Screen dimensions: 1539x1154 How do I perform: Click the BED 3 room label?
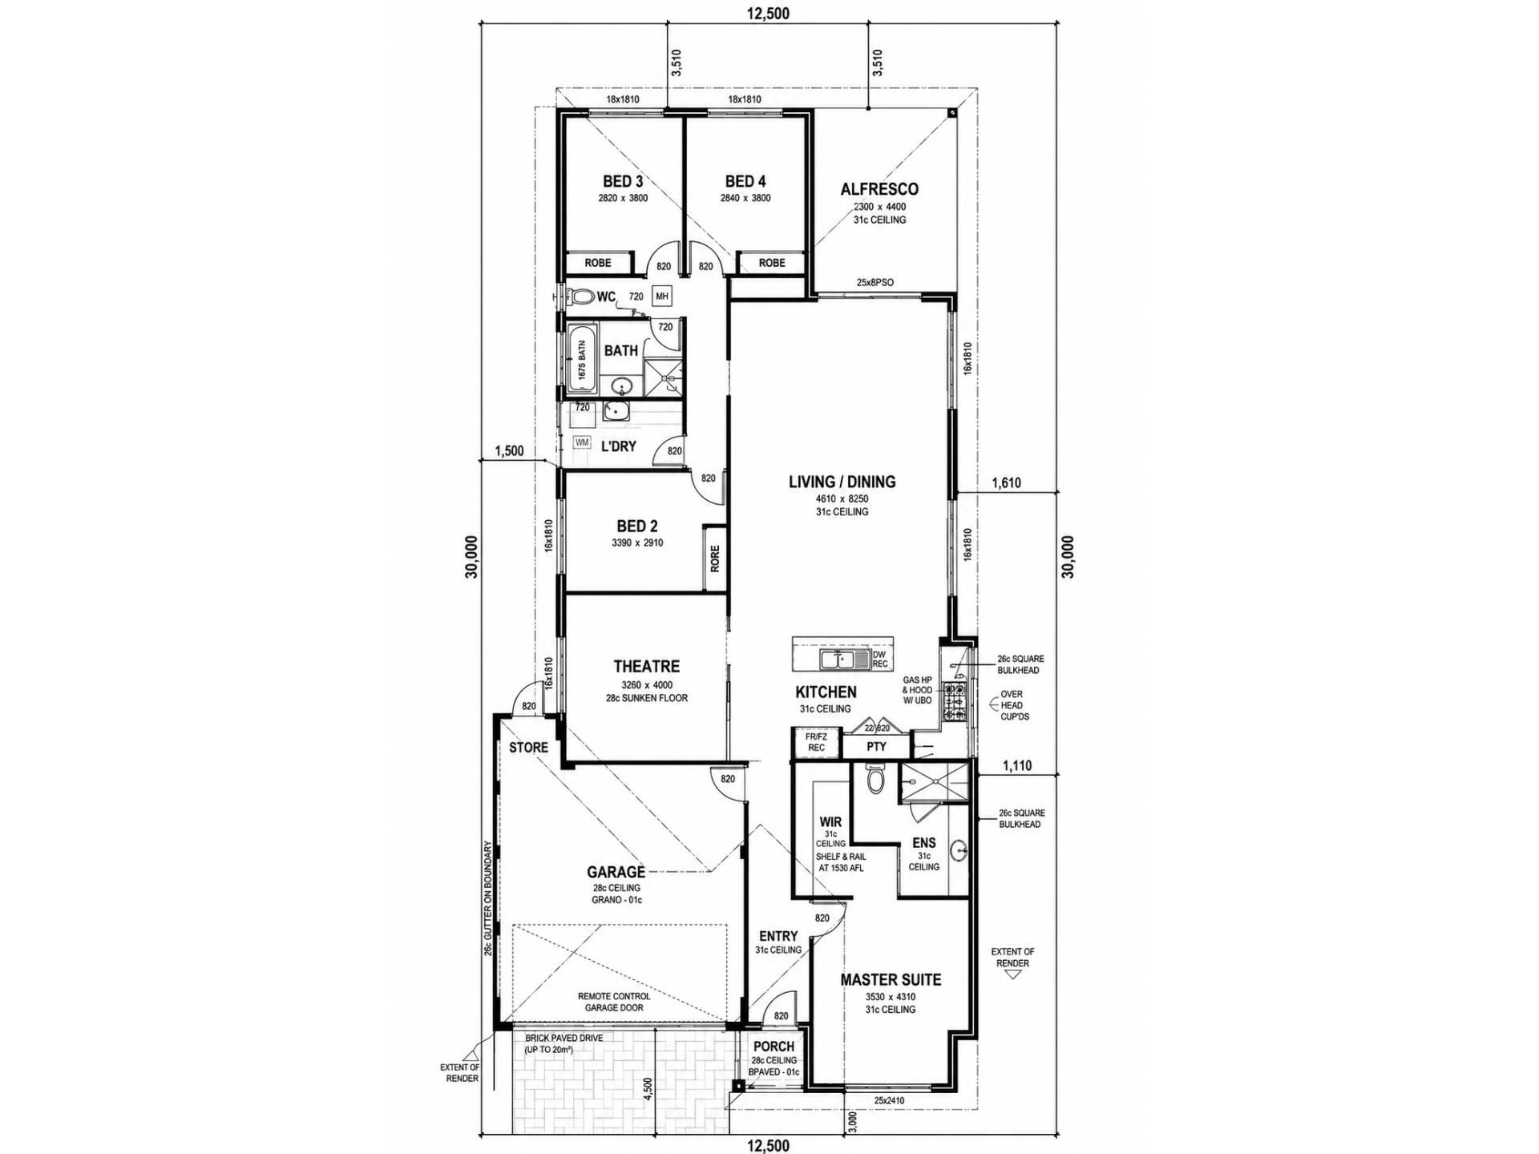pyautogui.click(x=623, y=182)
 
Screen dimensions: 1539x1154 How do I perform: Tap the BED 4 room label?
pyautogui.click(x=745, y=182)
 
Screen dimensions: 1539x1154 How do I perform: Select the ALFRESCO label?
pyautogui.click(x=879, y=190)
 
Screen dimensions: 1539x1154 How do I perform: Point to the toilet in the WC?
pyautogui.click(x=580, y=297)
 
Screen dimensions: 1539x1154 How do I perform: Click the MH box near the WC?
pyautogui.click(x=662, y=297)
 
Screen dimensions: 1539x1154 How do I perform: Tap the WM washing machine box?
pyautogui.click(x=582, y=442)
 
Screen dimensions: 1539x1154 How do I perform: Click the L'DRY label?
pyautogui.click(x=618, y=446)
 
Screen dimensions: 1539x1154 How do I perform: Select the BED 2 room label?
pyautogui.click(x=637, y=527)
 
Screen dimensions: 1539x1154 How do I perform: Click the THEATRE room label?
pyautogui.click(x=646, y=667)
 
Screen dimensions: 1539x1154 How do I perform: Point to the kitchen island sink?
pyautogui.click(x=838, y=660)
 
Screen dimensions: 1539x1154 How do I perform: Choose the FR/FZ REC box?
pyautogui.click(x=816, y=743)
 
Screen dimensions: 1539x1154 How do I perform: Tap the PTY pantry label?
pyautogui.click(x=876, y=747)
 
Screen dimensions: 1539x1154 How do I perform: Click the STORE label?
pyautogui.click(x=529, y=748)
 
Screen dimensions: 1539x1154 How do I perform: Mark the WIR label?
pyautogui.click(x=830, y=822)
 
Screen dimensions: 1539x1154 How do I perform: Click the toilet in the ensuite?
pyautogui.click(x=875, y=779)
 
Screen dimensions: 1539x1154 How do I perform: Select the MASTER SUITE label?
pyautogui.click(x=891, y=980)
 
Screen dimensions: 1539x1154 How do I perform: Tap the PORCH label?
pyautogui.click(x=774, y=1047)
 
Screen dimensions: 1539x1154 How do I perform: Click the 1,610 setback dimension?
pyautogui.click(x=1006, y=483)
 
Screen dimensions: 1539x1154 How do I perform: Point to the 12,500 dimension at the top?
pyautogui.click(x=768, y=13)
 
